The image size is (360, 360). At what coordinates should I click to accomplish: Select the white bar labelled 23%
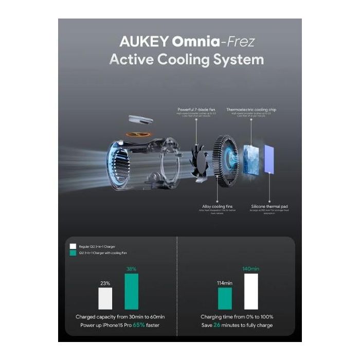pyautogui.click(x=105, y=298)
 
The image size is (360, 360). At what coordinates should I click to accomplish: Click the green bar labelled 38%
pyautogui.click(x=131, y=292)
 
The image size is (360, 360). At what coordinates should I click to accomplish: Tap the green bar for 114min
pyautogui.click(x=225, y=299)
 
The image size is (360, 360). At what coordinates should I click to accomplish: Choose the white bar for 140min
pyautogui.click(x=251, y=292)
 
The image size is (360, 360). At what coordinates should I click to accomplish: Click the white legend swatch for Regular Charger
pyautogui.click(x=73, y=246)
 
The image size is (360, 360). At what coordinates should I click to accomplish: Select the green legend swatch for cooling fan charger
pyautogui.click(x=73, y=253)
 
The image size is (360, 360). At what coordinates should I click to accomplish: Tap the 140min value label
pyautogui.click(x=251, y=269)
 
